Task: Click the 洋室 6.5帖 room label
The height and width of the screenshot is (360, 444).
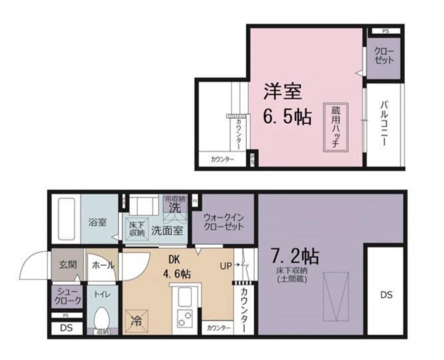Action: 286,105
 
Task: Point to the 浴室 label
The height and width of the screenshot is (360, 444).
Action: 98,222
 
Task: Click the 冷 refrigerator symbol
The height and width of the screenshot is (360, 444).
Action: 135,321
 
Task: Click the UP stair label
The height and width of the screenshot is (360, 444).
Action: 226,265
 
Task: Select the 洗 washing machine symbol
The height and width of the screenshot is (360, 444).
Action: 175,207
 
